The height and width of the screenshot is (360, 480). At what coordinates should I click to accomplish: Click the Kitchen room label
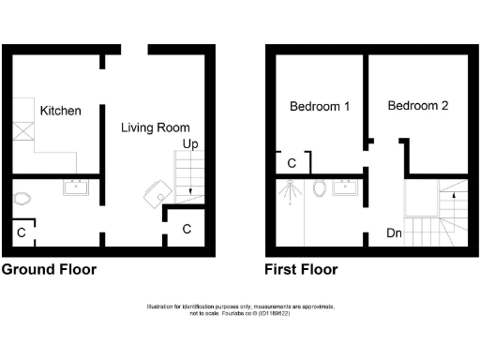pos(60,111)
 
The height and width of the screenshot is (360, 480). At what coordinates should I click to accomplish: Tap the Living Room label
pos(156,127)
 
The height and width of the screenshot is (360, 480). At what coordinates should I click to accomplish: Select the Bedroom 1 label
pos(320,107)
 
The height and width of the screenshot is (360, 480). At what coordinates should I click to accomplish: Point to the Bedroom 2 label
pos(418,106)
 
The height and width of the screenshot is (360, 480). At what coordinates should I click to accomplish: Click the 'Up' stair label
pos(189,144)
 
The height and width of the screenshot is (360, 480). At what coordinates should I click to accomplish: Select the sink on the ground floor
pos(75,187)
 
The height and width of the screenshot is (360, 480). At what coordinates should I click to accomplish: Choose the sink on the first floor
pos(349,186)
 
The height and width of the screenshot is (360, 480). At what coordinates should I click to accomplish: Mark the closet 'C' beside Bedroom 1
pos(292,164)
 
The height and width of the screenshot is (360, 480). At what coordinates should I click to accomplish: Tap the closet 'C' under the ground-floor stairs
pos(187,229)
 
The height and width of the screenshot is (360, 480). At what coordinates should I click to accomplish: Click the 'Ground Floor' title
pos(49,270)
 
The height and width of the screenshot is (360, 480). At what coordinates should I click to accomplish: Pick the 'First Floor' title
pos(301,270)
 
